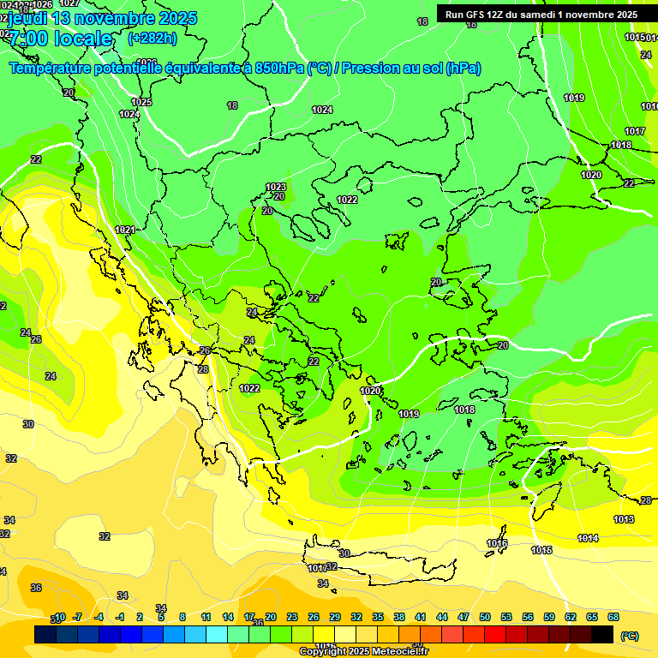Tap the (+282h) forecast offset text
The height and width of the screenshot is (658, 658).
(x=153, y=38)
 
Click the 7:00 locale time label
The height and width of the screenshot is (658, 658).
(x=60, y=39)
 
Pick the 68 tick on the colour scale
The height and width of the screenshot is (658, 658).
(x=613, y=617)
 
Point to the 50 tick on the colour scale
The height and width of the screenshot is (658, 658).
(x=485, y=617)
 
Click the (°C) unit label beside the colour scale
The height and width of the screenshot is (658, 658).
(x=630, y=636)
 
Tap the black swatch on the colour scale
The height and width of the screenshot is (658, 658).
(x=602, y=634)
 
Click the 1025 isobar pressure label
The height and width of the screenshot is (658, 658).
(x=141, y=102)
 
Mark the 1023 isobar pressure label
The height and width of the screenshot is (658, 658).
(x=275, y=187)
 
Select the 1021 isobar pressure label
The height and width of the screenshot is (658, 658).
(x=125, y=230)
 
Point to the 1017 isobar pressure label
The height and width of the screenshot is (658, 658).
(x=634, y=131)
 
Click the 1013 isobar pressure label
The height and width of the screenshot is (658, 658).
(x=624, y=520)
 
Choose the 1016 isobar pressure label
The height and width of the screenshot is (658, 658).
(x=497, y=543)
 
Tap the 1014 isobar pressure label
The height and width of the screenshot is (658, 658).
(x=588, y=538)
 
